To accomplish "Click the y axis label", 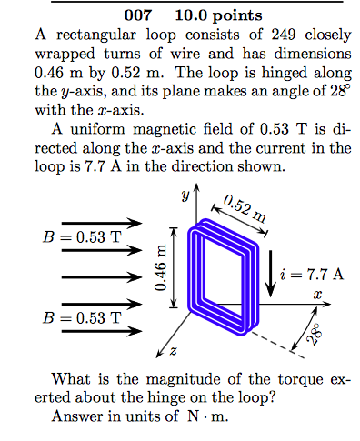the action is pos(183,195).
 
